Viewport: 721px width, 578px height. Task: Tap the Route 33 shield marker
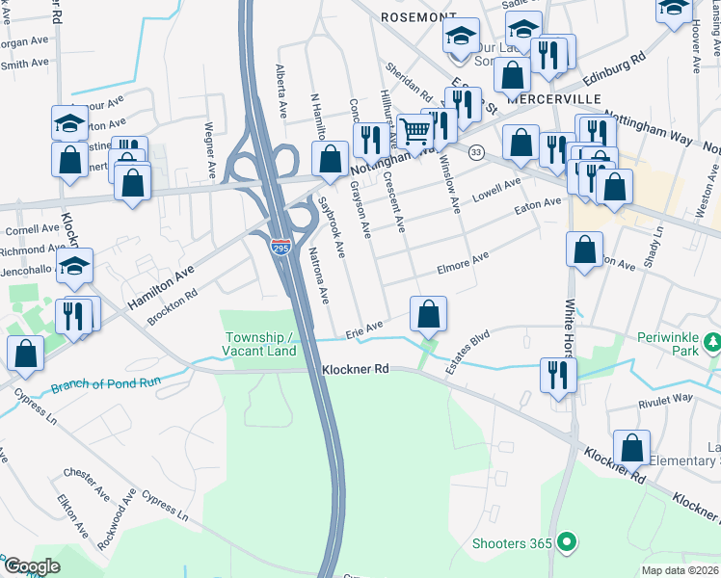tap(476, 153)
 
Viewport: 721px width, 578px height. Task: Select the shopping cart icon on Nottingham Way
tap(415, 131)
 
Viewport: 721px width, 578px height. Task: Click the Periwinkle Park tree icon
tap(712, 341)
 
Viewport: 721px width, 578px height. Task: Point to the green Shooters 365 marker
tap(568, 543)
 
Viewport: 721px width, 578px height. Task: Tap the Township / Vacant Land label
tap(260, 344)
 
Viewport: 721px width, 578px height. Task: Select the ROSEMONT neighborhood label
tap(417, 17)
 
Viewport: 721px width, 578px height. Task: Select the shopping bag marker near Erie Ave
tap(428, 313)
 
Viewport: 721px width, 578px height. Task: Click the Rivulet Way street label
tap(665, 398)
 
